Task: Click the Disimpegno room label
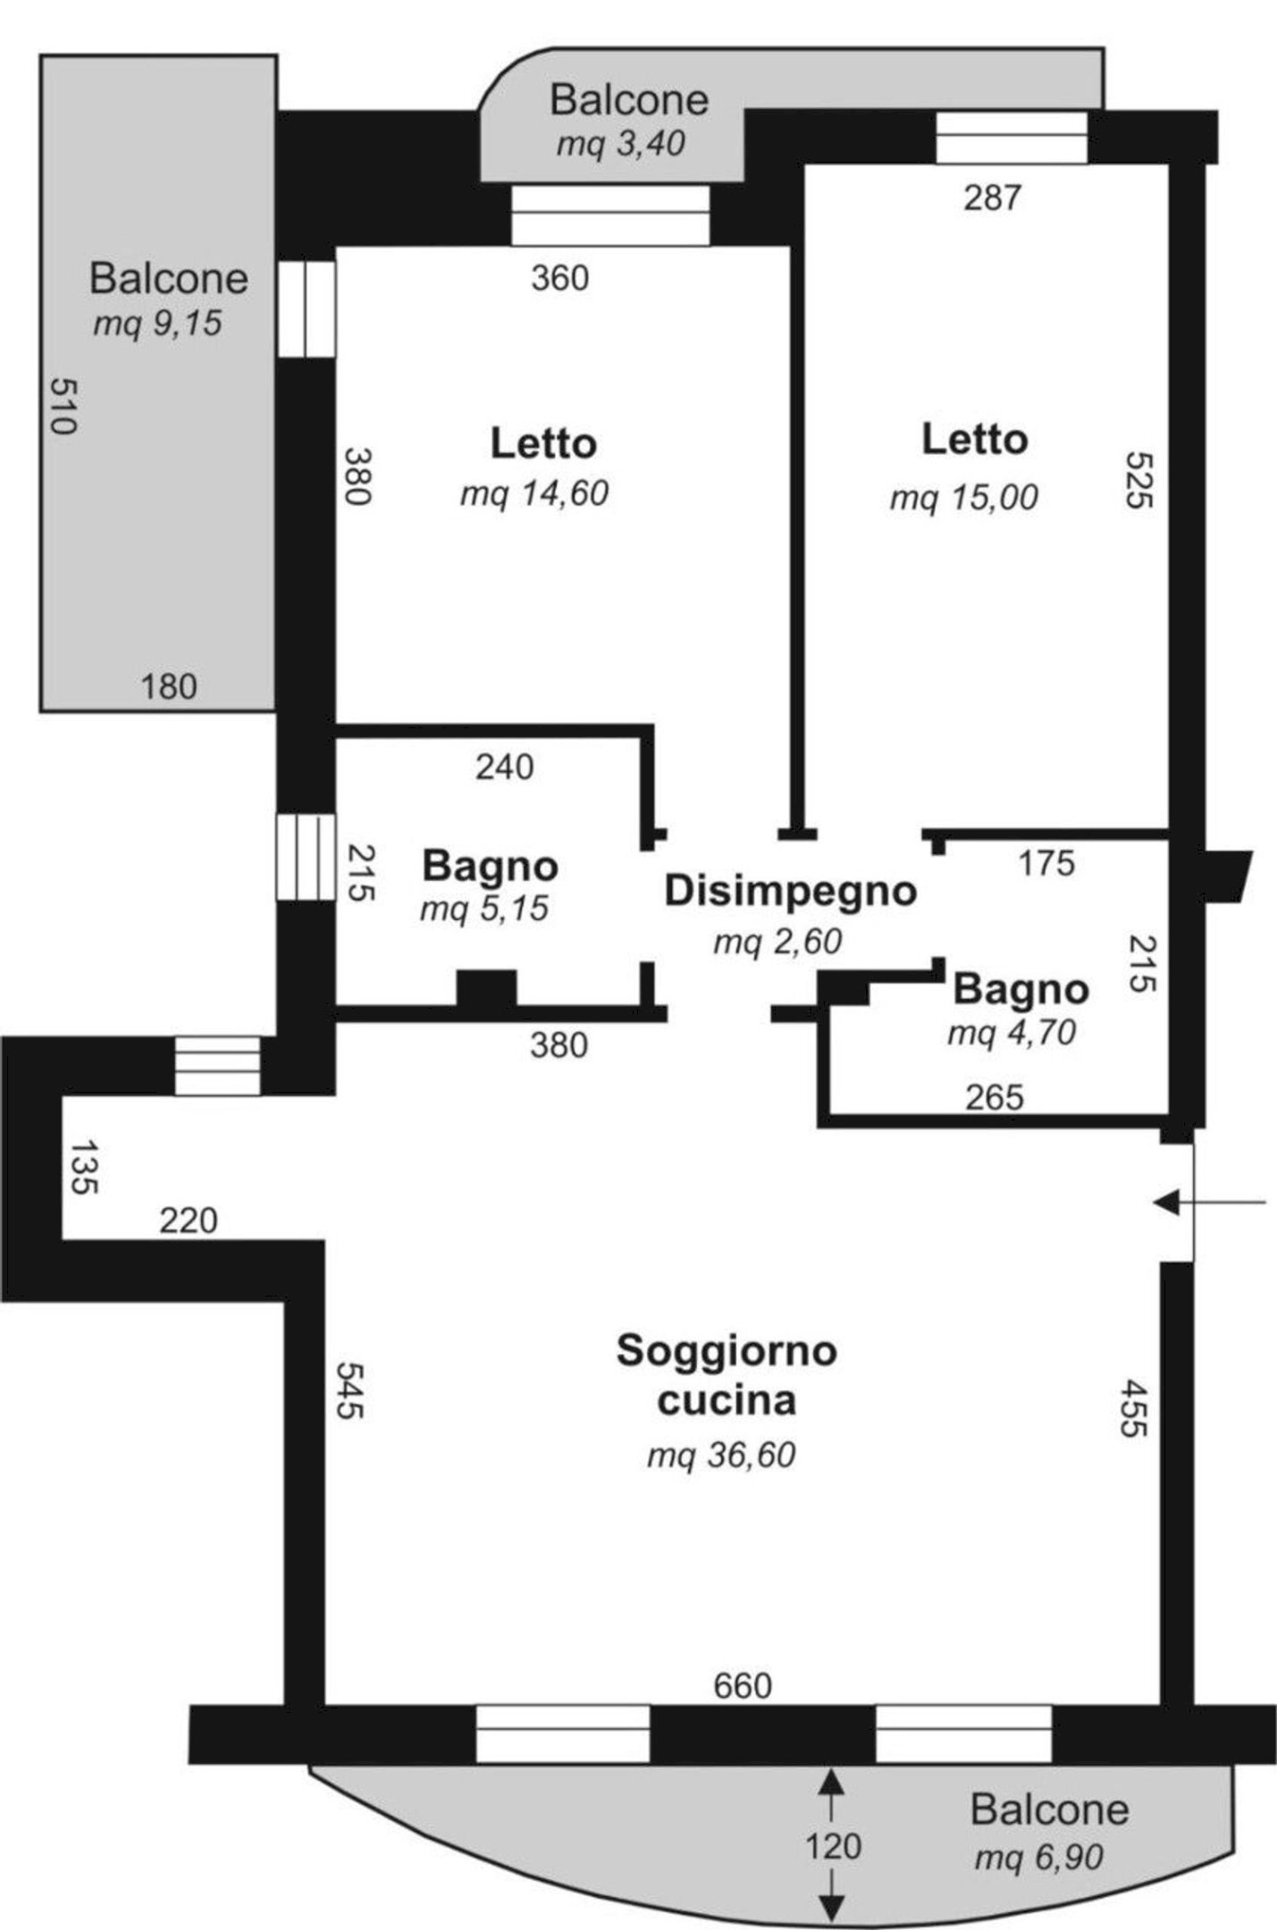(x=790, y=892)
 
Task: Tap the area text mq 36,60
(x=721, y=1456)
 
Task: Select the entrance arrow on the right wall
(x=1210, y=1203)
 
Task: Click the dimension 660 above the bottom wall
(x=743, y=1686)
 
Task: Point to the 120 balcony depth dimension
(x=833, y=1846)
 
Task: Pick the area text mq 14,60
(x=534, y=493)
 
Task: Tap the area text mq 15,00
(x=963, y=497)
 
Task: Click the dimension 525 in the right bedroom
(x=1139, y=480)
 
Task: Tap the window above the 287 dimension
(x=1011, y=138)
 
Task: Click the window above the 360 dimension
(x=610, y=214)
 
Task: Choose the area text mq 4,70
(x=1011, y=1033)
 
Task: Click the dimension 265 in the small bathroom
(x=994, y=1096)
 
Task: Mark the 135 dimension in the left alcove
(x=83, y=1167)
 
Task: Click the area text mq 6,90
(x=1038, y=1859)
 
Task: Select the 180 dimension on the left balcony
(x=169, y=687)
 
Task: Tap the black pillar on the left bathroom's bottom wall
(x=486, y=989)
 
